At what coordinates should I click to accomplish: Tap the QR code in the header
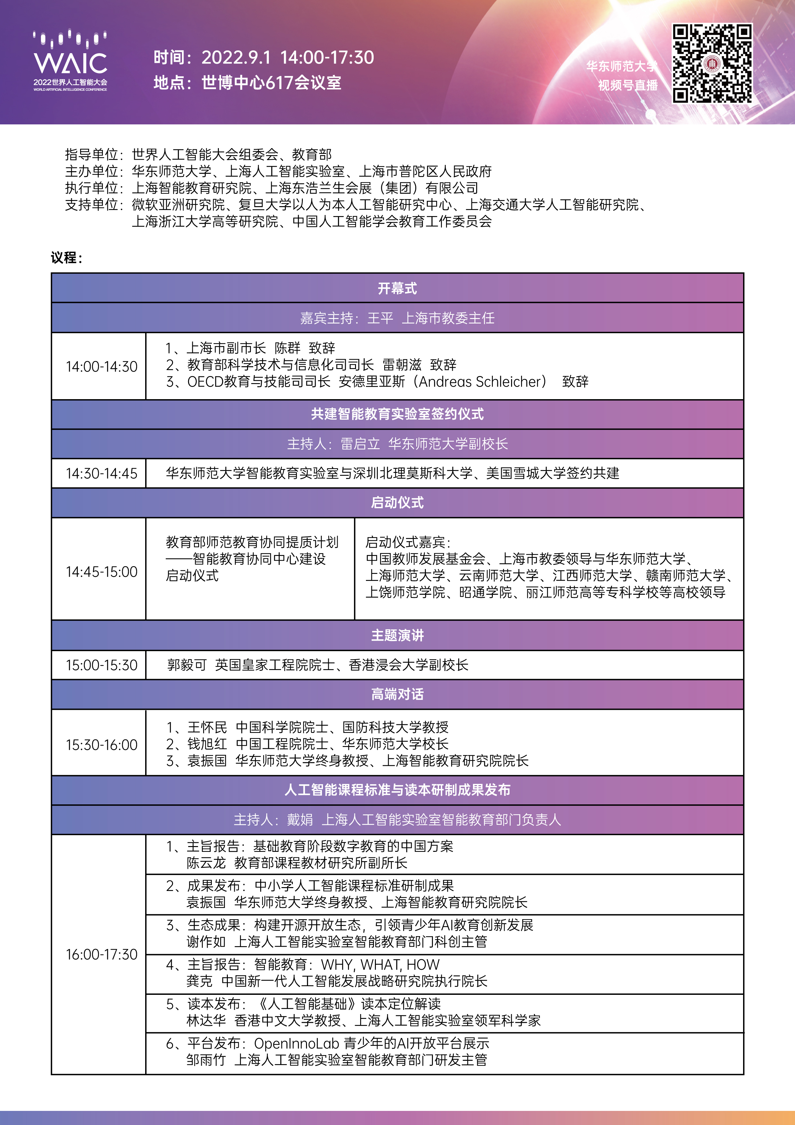coord(712,64)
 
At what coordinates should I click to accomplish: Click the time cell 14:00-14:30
coord(101,366)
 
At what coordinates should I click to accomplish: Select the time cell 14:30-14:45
coord(101,473)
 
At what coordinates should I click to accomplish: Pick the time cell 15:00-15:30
coord(101,665)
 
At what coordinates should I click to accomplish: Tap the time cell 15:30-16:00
coord(101,745)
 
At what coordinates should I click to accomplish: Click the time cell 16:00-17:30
coord(101,954)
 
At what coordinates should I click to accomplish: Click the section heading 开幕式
coord(397,288)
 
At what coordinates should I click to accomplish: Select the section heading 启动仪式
coord(397,503)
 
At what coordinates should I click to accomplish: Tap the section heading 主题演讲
coord(397,635)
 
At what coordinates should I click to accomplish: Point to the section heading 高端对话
coord(397,694)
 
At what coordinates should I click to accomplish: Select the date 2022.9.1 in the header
coord(236,58)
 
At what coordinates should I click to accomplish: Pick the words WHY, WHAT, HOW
coord(380,964)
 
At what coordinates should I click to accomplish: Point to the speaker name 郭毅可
coord(186,665)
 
